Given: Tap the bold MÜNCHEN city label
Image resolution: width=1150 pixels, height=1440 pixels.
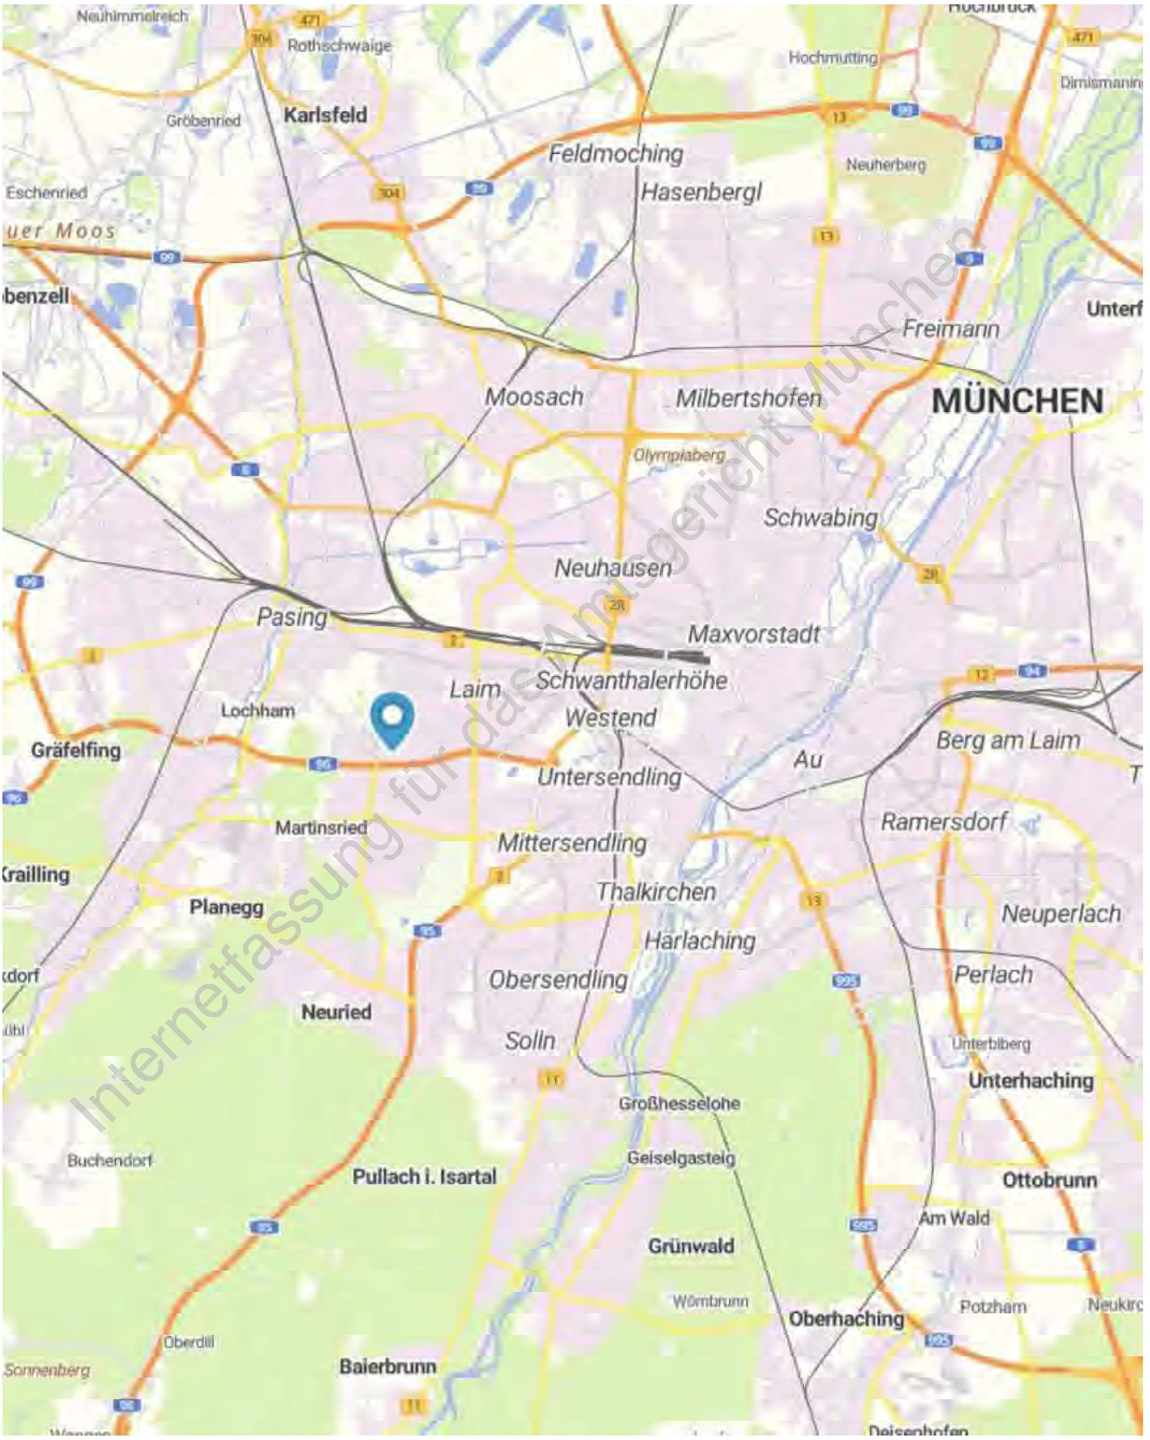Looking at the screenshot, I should (x=1016, y=401).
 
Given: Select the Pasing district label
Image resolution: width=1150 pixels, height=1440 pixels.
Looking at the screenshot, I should (x=292, y=616).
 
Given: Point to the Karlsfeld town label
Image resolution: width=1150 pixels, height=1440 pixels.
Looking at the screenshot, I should (x=325, y=115).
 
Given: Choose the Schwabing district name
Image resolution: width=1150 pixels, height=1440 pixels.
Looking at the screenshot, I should (x=820, y=518).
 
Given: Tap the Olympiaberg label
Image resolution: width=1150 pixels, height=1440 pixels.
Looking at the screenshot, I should (x=679, y=455).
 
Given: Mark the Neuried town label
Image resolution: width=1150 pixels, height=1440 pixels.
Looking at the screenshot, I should (x=336, y=1012).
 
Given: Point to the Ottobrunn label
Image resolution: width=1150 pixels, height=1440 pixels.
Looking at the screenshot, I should (x=1049, y=1180).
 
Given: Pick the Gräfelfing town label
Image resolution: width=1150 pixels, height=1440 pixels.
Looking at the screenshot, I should (x=76, y=750).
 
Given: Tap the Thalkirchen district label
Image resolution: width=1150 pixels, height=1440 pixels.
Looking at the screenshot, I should (x=656, y=892).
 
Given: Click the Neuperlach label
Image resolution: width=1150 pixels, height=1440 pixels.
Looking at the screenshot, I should (x=1060, y=914).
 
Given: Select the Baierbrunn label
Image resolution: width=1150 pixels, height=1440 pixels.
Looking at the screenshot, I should (x=387, y=1366).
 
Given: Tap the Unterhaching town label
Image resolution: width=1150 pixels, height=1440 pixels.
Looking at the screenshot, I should (x=1030, y=1081).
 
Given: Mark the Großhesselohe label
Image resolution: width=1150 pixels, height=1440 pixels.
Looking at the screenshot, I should (x=679, y=1104).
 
